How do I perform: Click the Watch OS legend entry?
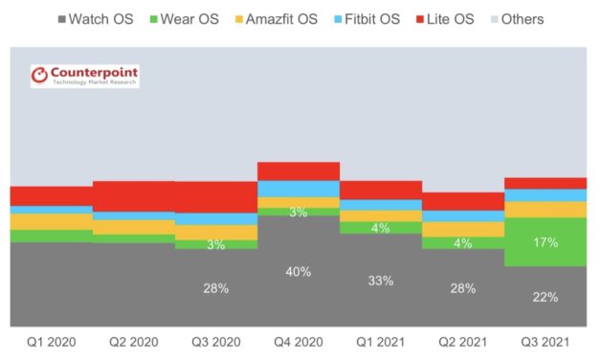[x=95, y=19]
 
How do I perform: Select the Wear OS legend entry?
[x=192, y=19]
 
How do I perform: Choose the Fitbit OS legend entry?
[x=398, y=19]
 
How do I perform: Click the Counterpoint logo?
[x=84, y=77]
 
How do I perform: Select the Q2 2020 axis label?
[x=133, y=342]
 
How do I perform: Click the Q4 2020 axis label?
[x=299, y=342]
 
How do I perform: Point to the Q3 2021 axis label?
[x=545, y=342]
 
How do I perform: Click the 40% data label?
[x=299, y=272]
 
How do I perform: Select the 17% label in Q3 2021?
[x=545, y=242]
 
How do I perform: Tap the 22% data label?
[x=545, y=297]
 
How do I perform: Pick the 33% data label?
[x=381, y=281]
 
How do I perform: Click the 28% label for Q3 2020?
[x=216, y=288]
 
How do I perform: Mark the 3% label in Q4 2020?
[x=299, y=212]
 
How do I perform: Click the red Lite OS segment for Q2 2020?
[x=133, y=196]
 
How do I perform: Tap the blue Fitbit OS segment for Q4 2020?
[x=299, y=189]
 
